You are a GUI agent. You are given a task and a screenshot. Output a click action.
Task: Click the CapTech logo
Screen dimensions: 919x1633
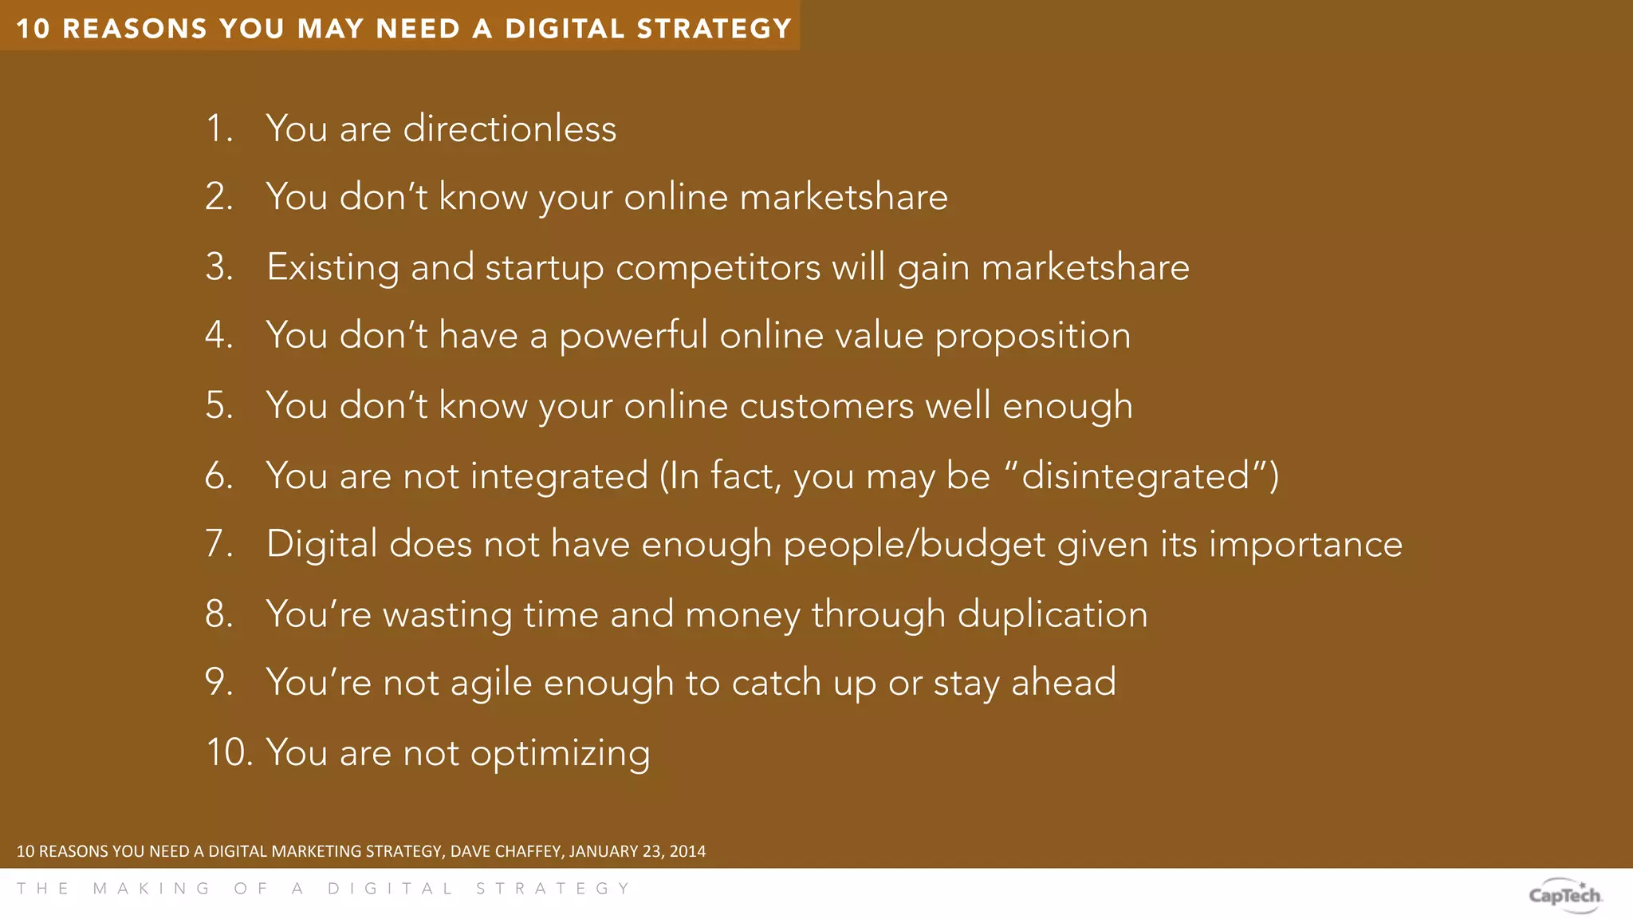(1564, 895)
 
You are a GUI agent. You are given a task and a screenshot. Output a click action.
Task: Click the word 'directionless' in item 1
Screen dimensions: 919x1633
(510, 128)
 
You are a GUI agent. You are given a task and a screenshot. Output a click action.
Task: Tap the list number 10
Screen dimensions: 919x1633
(229, 752)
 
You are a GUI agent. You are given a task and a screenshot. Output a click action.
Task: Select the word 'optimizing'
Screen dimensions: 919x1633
(560, 754)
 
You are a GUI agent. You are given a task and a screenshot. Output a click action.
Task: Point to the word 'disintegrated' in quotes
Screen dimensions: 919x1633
(1135, 476)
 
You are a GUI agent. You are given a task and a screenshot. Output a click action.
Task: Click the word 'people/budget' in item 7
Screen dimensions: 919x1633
(914, 545)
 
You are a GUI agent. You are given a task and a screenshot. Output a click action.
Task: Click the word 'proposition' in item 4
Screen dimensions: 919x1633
(1033, 336)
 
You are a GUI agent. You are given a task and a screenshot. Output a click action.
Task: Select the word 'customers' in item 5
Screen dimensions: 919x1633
(826, 406)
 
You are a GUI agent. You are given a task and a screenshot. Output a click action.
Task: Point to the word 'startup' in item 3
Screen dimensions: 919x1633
(545, 268)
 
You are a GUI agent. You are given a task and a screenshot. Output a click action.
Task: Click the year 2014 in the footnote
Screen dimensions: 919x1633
(687, 851)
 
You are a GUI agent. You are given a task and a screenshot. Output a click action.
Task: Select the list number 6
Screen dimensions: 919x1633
(218, 476)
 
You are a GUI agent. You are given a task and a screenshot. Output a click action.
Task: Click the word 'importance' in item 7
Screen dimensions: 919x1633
(1305, 545)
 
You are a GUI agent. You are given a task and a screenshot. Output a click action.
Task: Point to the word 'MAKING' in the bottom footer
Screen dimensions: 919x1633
(152, 889)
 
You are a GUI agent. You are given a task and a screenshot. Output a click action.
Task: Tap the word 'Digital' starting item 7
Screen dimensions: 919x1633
(321, 545)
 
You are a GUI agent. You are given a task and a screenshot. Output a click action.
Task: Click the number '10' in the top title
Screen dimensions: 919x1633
(33, 29)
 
